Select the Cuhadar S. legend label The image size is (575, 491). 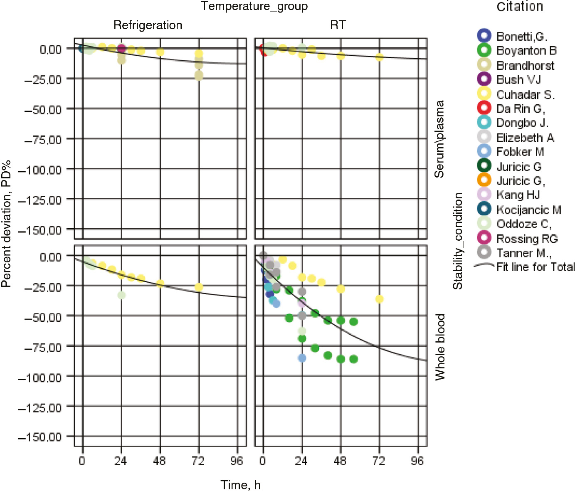525,94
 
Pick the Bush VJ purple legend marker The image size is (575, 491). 484,79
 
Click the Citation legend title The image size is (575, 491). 520,7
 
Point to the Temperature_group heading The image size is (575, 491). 254,6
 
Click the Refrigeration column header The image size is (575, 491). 148,25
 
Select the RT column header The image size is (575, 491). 338,25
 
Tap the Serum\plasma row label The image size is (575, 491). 439,139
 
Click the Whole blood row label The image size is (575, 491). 440,347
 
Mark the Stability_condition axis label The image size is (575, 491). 458,241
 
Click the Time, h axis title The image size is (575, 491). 240,485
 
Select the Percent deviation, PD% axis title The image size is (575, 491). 6,223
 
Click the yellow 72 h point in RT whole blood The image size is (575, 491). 379,299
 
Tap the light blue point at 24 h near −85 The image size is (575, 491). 302,358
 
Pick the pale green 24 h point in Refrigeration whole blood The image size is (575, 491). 121,295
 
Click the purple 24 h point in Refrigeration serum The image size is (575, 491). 121,49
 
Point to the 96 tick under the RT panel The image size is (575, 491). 417,461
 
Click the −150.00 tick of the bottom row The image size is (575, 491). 39,437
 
